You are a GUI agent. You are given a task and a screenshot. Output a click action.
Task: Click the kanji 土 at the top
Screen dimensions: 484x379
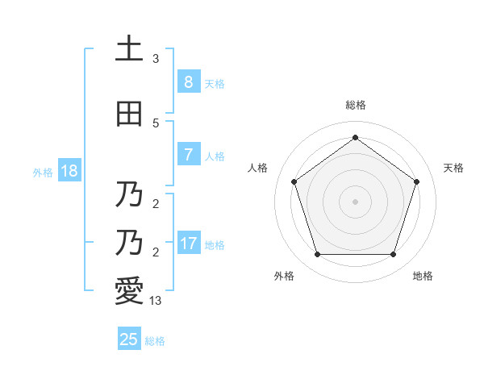click(x=129, y=49)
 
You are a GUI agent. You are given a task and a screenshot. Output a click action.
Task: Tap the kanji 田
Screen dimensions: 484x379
click(x=129, y=114)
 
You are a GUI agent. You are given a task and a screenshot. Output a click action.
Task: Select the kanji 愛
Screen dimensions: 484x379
click(x=129, y=291)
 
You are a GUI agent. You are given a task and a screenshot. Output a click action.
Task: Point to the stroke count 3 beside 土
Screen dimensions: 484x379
click(x=156, y=59)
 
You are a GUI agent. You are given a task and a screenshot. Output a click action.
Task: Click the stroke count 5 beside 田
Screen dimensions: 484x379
click(x=156, y=123)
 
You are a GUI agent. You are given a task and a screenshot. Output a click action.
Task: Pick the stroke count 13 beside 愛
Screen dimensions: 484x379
click(x=156, y=300)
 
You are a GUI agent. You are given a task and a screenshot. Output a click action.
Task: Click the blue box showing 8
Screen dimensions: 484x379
click(x=188, y=82)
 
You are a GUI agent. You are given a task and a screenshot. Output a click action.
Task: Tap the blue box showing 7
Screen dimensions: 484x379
click(x=188, y=155)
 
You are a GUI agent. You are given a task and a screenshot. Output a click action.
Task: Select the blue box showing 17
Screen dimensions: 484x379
click(x=188, y=244)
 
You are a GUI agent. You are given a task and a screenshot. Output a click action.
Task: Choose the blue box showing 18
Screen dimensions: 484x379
click(x=69, y=171)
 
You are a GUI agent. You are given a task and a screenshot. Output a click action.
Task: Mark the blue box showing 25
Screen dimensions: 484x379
click(x=129, y=339)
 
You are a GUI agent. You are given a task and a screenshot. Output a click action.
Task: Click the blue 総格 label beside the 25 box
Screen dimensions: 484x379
click(x=155, y=341)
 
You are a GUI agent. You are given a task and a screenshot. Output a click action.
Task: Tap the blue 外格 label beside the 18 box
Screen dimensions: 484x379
click(x=43, y=172)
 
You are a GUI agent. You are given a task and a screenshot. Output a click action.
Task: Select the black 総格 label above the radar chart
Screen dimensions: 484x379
click(x=355, y=105)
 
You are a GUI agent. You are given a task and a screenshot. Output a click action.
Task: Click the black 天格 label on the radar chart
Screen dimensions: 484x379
click(x=454, y=168)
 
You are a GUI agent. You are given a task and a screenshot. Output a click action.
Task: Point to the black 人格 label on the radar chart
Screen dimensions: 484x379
click(x=257, y=168)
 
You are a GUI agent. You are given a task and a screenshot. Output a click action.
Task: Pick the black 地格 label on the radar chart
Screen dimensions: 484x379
click(x=423, y=276)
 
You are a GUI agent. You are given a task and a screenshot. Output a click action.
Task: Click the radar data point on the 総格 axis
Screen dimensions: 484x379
click(x=355, y=138)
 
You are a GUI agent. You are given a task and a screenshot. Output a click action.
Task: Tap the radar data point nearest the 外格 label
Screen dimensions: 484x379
click(x=317, y=255)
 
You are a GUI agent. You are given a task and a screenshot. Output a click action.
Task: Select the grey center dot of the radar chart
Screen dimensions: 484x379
click(x=355, y=201)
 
